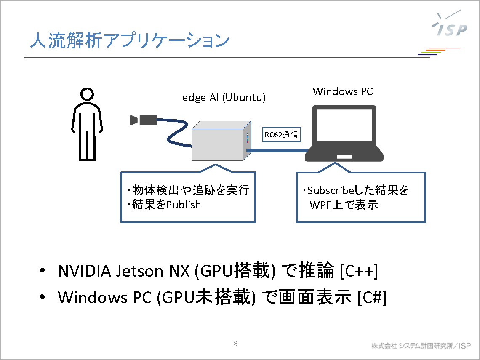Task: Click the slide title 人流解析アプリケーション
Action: point(130,41)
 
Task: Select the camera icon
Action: point(144,120)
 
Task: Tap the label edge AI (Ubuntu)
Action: point(224,98)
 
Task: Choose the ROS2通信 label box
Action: point(281,135)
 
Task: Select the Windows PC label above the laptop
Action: point(343,91)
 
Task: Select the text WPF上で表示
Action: point(344,205)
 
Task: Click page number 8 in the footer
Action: point(236,344)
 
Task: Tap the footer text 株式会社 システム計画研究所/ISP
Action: point(421,346)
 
